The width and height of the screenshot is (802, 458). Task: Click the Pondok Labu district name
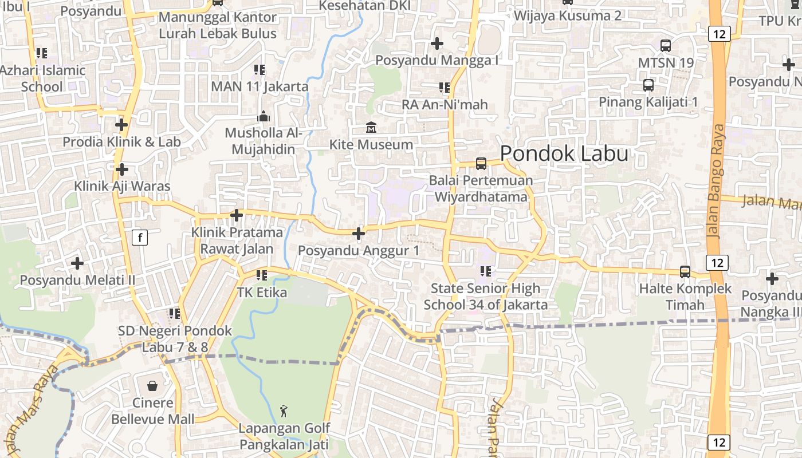coord(564,153)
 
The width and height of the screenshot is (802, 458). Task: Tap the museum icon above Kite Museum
coord(371,127)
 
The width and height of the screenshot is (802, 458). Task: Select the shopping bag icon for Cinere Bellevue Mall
coord(152,386)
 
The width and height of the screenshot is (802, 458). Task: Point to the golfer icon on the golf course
coord(284,410)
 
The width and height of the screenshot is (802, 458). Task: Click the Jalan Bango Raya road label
coord(716,180)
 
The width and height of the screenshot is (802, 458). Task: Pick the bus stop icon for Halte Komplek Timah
coord(685,271)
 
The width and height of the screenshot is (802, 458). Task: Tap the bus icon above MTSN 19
coord(666,45)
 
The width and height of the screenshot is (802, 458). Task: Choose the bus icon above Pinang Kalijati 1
coord(648,85)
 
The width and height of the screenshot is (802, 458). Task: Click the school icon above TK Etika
coord(262,275)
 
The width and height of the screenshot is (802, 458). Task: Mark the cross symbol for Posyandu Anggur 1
coord(359,234)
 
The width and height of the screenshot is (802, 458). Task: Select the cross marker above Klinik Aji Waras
coord(121,169)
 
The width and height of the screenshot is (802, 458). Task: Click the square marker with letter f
coord(140,237)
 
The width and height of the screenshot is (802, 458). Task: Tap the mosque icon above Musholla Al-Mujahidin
coord(263,116)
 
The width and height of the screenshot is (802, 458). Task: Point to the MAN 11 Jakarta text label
coord(260,87)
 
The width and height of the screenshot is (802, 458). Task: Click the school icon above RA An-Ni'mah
coord(444,88)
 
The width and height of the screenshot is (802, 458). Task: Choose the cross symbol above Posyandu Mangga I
coord(437,44)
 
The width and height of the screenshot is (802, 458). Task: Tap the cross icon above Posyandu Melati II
coord(77,263)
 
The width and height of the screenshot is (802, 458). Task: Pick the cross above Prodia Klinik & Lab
coord(121,124)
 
